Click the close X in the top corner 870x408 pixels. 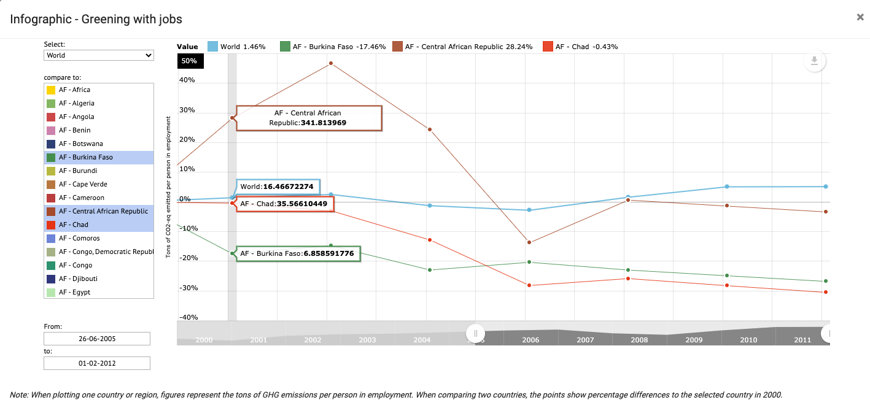tap(860, 17)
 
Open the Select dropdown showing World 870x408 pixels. tap(99, 55)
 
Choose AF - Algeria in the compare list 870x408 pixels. tap(76, 103)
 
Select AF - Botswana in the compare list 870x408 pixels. tap(80, 144)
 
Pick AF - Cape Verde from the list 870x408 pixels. tap(83, 184)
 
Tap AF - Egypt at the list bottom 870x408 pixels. tap(74, 292)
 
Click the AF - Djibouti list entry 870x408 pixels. tap(78, 279)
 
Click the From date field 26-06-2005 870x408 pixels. tap(97, 339)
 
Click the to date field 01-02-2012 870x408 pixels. tap(97, 363)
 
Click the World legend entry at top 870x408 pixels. tap(236, 47)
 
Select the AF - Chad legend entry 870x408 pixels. tap(580, 47)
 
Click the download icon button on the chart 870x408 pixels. tap(815, 61)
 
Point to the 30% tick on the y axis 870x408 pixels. tap(187, 110)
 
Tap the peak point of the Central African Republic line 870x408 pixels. tap(330, 63)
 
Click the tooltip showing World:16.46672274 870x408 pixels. tap(278, 187)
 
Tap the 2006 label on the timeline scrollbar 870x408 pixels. tap(531, 339)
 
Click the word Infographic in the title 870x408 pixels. tap(41, 19)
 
